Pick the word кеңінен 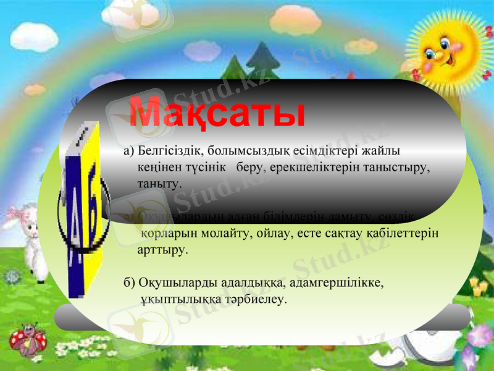pos(158,168)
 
